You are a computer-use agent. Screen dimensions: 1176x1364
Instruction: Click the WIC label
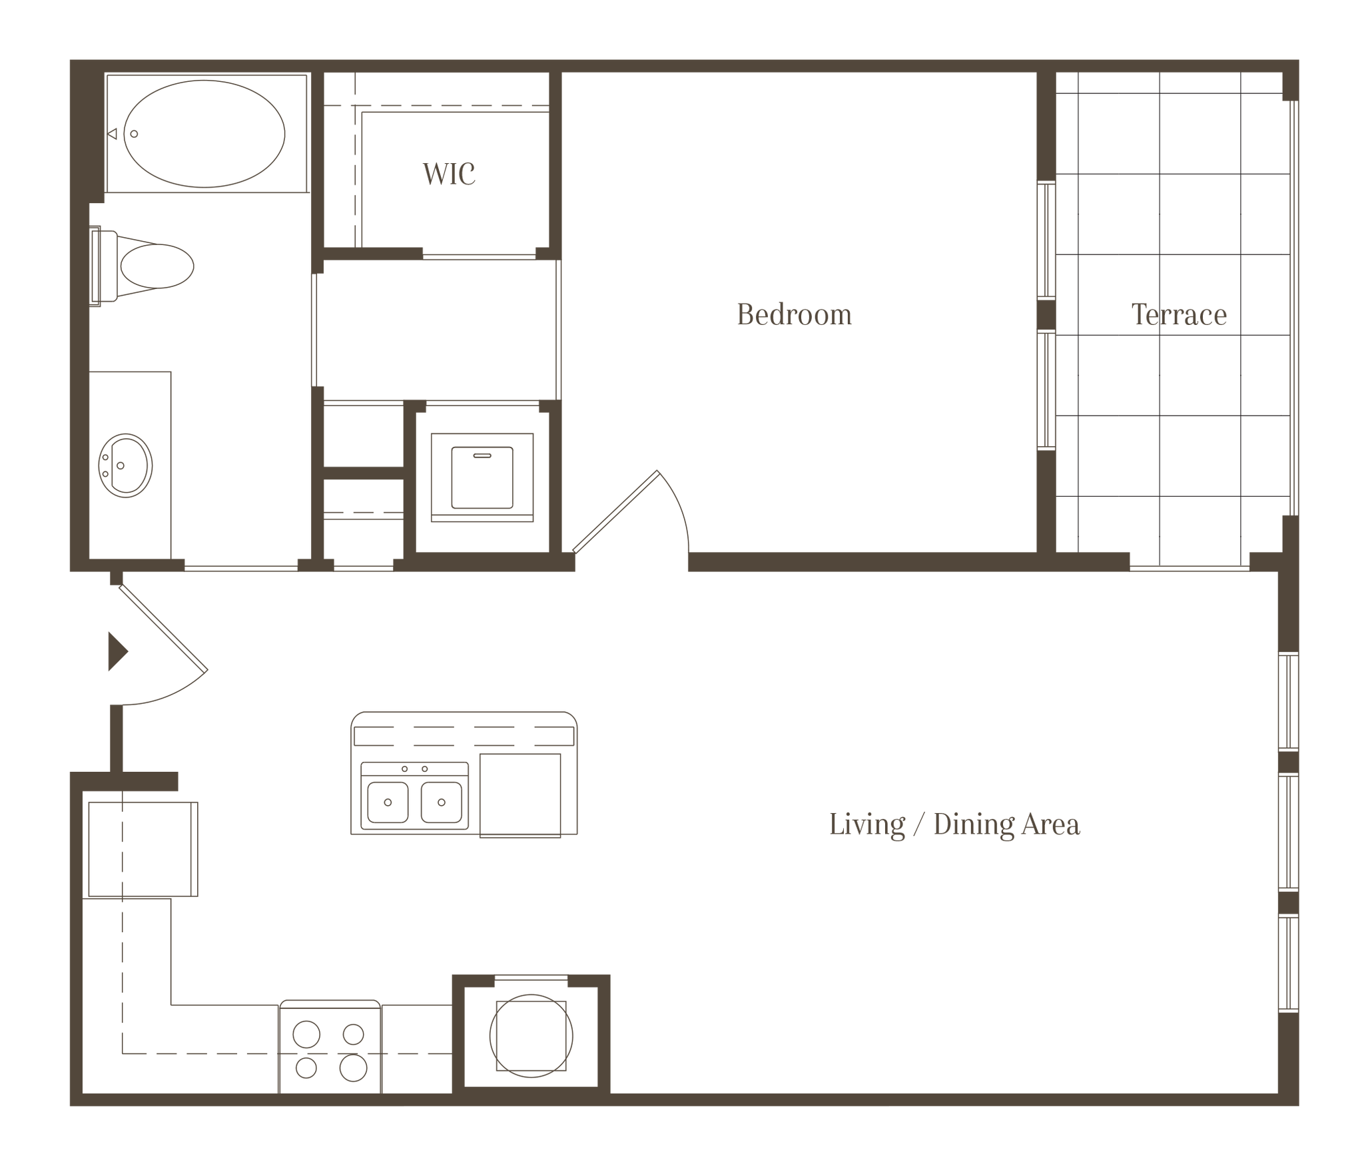(450, 174)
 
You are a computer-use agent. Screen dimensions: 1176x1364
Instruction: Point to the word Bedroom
(794, 314)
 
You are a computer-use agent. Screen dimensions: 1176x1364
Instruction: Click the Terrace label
(1180, 315)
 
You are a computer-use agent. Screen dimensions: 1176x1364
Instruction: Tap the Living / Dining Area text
(954, 824)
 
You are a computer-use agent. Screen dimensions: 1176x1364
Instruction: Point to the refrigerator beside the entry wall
(143, 848)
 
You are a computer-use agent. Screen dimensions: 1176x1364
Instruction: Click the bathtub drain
(134, 133)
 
